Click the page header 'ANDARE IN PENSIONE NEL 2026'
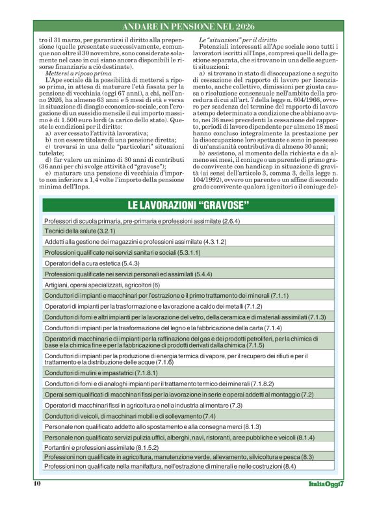[188, 27]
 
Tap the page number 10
[37, 483]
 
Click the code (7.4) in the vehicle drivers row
[209, 416]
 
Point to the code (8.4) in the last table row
[289, 466]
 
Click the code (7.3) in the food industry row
[231, 405]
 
